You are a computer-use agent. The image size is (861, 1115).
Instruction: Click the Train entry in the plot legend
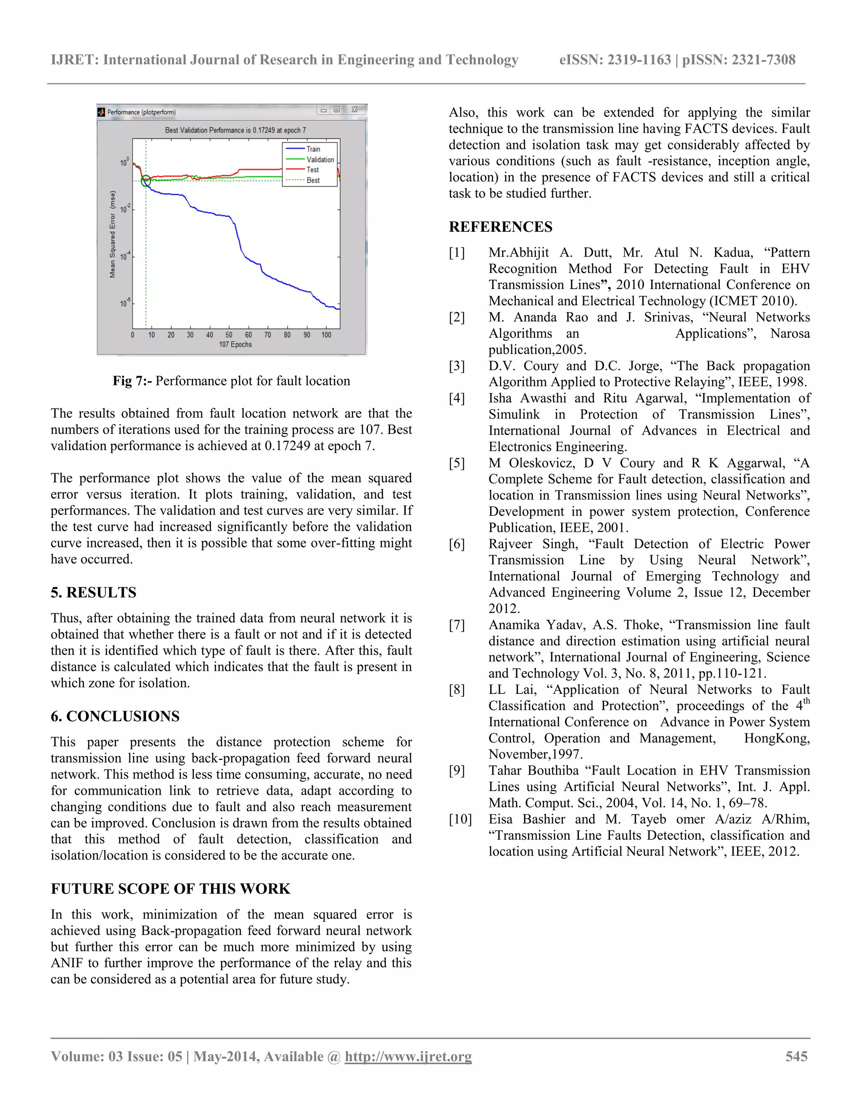313,149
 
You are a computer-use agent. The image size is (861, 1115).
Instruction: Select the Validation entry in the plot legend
320,160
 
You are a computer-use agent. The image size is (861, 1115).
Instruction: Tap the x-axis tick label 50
229,335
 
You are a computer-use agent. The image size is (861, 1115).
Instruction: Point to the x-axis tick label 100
326,335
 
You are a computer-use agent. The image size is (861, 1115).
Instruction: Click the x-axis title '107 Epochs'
235,345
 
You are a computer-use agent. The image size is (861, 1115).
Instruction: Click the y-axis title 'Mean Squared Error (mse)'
113,234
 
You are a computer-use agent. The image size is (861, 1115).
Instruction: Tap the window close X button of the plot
354,110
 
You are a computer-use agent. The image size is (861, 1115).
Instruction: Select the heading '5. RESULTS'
93,592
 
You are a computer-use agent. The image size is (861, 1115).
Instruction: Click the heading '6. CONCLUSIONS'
115,716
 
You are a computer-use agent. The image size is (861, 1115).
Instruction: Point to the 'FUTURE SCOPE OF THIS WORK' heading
170,889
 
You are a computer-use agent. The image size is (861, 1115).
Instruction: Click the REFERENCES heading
500,227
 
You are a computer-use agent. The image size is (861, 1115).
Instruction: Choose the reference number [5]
457,463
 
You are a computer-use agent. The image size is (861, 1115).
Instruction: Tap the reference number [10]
460,819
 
